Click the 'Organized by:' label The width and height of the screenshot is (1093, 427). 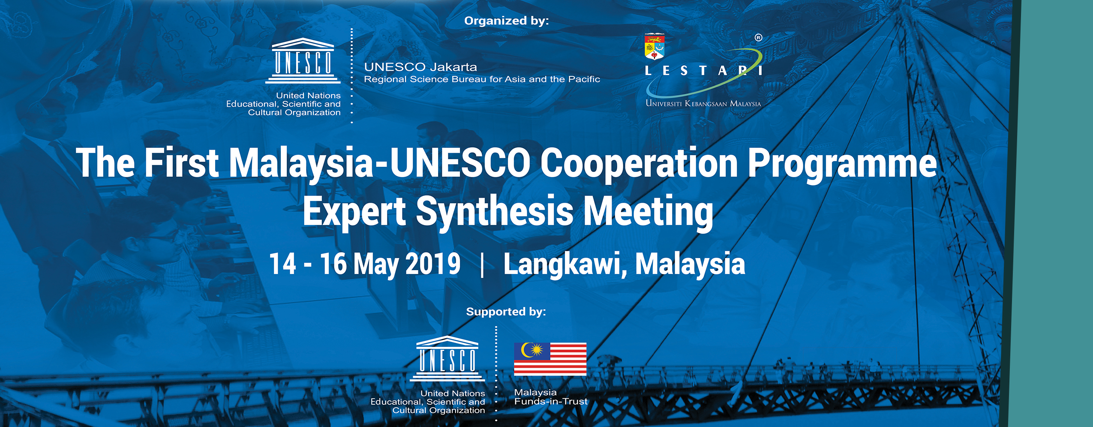(x=506, y=21)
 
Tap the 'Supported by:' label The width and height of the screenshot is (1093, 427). (x=506, y=312)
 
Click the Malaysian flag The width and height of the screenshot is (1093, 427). (x=550, y=359)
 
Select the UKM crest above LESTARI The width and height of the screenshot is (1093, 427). (x=655, y=46)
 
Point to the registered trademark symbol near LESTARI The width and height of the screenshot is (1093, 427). (x=758, y=38)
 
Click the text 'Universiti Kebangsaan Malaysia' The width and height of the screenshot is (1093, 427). (x=703, y=103)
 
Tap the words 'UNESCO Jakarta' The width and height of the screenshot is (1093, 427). (x=420, y=67)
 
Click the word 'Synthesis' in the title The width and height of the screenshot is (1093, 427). (x=495, y=211)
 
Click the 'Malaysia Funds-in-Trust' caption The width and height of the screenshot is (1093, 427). (x=551, y=397)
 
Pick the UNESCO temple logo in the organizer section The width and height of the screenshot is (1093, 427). (x=303, y=60)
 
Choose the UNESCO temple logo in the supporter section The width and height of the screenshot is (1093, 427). (x=447, y=358)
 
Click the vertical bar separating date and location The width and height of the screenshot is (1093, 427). (x=483, y=265)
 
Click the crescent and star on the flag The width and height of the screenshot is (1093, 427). (x=532, y=350)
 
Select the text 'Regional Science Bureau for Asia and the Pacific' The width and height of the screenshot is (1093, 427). (x=482, y=79)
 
